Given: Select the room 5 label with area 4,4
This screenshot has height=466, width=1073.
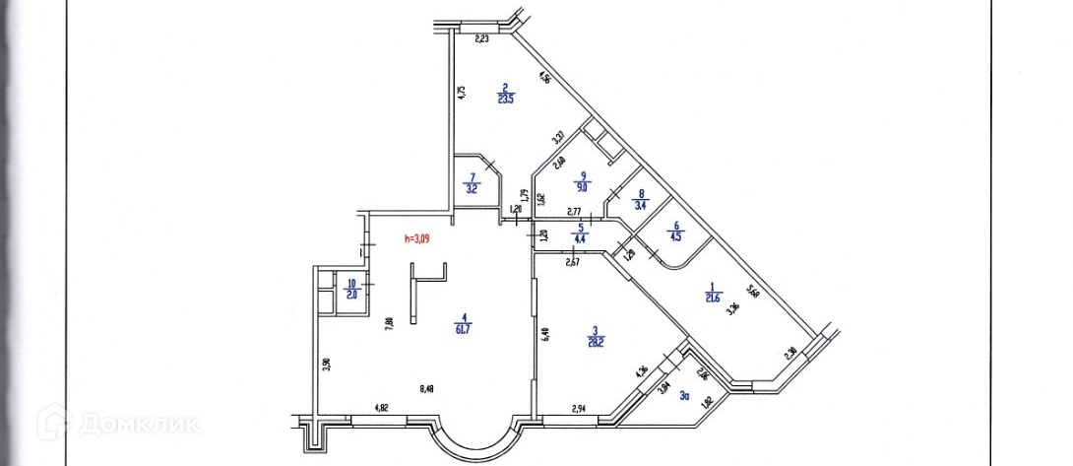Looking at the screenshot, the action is point(581,234).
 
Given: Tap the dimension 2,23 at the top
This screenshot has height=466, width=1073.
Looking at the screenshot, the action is point(482,40).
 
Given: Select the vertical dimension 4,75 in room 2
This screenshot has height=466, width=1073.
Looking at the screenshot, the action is point(461,93).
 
